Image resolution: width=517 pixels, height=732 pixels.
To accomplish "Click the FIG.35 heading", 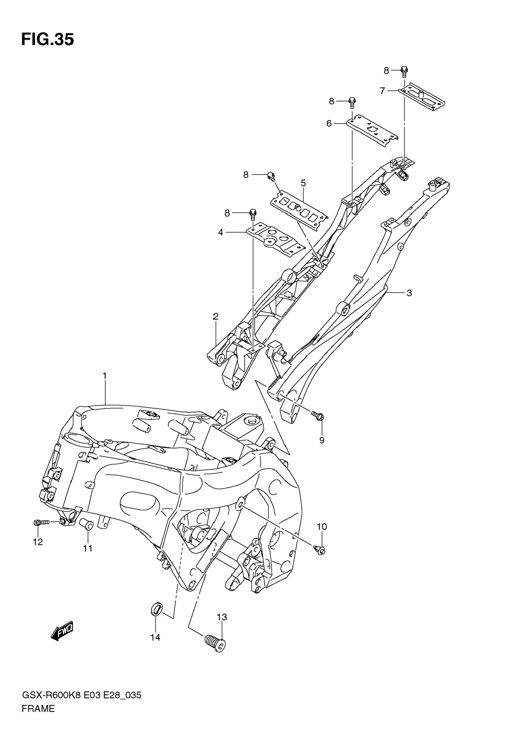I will click(48, 40).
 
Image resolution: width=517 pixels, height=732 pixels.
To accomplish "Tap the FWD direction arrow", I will click(62, 631).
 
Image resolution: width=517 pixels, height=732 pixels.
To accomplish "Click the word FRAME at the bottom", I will click(38, 709).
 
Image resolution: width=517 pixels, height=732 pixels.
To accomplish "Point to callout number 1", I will click(104, 376).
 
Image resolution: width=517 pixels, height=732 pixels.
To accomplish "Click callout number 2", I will click(216, 317).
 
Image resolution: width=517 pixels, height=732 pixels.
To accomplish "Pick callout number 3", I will click(409, 293).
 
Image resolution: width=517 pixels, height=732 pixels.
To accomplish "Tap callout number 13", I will click(222, 617).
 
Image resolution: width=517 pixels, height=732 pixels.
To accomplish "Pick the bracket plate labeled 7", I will click(422, 97).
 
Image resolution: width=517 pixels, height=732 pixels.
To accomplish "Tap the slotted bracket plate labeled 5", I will click(299, 210).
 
